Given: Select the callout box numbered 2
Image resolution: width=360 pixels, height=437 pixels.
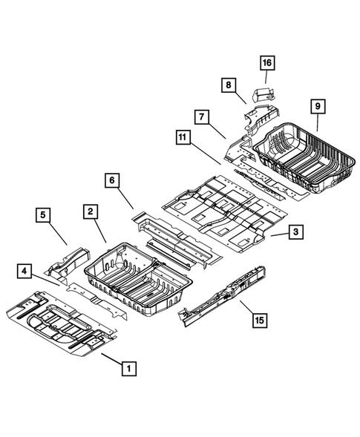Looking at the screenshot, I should tap(89, 212).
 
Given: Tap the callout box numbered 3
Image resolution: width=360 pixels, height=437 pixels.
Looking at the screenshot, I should tap(295, 233).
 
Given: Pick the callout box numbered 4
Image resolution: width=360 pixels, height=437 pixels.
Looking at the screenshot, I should tap(25, 272).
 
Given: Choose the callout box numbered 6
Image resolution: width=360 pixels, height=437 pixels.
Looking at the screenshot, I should tap(111, 180).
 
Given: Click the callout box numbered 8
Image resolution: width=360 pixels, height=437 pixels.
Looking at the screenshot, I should tap(228, 86).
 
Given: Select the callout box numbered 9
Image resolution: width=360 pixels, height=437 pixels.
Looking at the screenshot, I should tap(318, 108).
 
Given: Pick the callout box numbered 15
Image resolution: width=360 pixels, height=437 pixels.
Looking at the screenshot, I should tap(258, 321).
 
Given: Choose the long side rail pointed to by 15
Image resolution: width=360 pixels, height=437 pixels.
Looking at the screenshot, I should tap(226, 292).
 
